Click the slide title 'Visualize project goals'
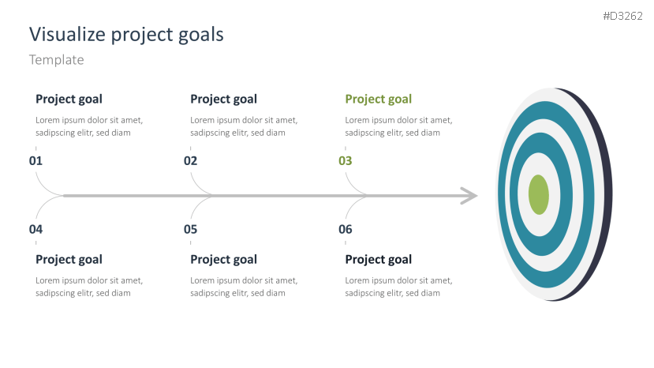tap(126, 35)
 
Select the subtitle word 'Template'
tap(56, 60)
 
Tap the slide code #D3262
tap(622, 16)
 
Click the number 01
tap(36, 161)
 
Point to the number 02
tap(191, 161)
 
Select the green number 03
tap(346, 161)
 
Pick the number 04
tap(36, 229)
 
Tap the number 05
tap(191, 229)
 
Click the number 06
tap(346, 229)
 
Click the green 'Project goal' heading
tap(379, 100)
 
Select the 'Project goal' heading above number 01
tap(69, 100)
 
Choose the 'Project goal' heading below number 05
tap(223, 260)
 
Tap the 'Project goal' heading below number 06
tap(379, 260)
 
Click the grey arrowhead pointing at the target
tap(470, 196)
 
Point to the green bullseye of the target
tap(539, 194)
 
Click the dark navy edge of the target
tap(605, 194)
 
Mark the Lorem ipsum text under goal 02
tap(244, 126)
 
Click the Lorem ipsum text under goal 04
tap(89, 287)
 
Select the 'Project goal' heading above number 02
tap(223, 100)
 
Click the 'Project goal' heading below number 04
tap(69, 260)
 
